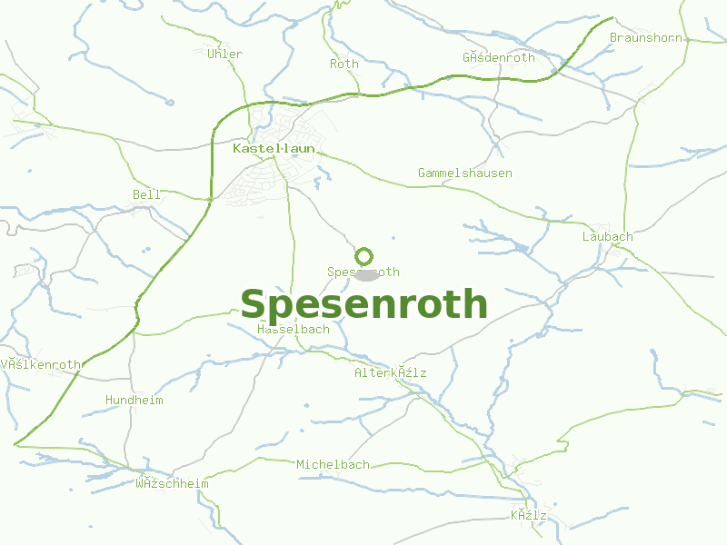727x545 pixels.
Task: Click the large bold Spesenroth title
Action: point(363,304)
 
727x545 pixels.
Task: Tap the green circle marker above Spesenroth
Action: point(364,256)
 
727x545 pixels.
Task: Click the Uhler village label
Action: point(225,54)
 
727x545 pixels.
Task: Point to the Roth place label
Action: point(344,64)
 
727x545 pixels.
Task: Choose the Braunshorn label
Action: point(646,37)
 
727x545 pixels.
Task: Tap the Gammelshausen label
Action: point(464,173)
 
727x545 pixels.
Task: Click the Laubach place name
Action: point(607,236)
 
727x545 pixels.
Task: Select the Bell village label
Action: point(146,194)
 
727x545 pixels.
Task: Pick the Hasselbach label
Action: point(294,329)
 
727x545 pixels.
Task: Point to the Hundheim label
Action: point(134,400)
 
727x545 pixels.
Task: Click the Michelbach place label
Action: point(333,464)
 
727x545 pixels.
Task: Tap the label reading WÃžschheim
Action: point(172,483)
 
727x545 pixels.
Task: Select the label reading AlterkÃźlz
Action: point(390,372)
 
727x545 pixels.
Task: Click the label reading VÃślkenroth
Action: point(41,364)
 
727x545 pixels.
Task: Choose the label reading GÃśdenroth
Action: point(498,57)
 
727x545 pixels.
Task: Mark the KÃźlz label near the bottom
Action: point(528,515)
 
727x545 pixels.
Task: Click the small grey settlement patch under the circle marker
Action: point(368,274)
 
